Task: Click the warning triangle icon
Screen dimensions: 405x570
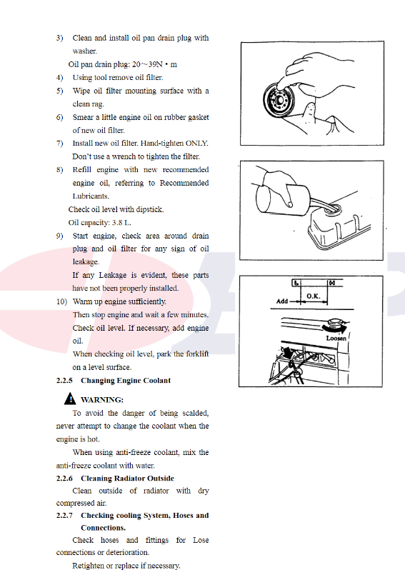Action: pyautogui.click(x=70, y=399)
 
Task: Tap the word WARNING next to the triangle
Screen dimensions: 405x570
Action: pyautogui.click(x=102, y=400)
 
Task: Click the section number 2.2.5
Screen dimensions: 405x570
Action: pyautogui.click(x=64, y=381)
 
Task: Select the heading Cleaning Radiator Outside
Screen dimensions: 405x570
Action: pyautogui.click(x=128, y=479)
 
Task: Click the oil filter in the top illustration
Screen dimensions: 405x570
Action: pyautogui.click(x=279, y=99)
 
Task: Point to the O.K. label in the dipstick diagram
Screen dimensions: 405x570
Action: pyautogui.click(x=313, y=296)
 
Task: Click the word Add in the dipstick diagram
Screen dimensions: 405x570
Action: pyautogui.click(x=282, y=301)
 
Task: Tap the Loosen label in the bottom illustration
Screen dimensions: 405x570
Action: pyautogui.click(x=336, y=338)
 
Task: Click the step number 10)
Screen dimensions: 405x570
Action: pyautogui.click(x=62, y=301)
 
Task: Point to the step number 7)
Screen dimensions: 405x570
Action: pyautogui.click(x=59, y=144)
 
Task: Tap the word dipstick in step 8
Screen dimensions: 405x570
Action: pyautogui.click(x=150, y=209)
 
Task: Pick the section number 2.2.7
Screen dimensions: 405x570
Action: pyautogui.click(x=64, y=516)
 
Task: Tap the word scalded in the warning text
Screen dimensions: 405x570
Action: pyautogui.click(x=196, y=414)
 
